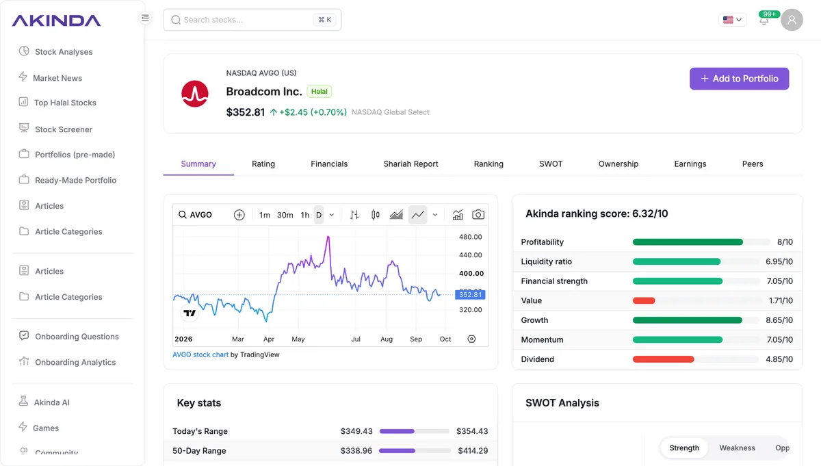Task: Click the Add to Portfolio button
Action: pyautogui.click(x=739, y=79)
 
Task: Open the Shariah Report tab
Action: pyautogui.click(x=410, y=164)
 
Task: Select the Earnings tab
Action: pyautogui.click(x=690, y=164)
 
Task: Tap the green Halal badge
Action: pyautogui.click(x=320, y=91)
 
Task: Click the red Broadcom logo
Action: pyautogui.click(x=195, y=94)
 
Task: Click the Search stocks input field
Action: pyautogui.click(x=252, y=20)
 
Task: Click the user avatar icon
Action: pyautogui.click(x=792, y=20)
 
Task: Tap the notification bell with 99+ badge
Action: pyautogui.click(x=764, y=20)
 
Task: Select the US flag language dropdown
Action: pyautogui.click(x=732, y=20)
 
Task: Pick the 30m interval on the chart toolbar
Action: pyautogui.click(x=285, y=215)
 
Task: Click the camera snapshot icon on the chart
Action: pyautogui.click(x=478, y=214)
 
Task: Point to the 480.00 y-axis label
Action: pyautogui.click(x=470, y=237)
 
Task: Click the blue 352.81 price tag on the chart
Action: pyautogui.click(x=470, y=294)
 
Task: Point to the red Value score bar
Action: pyautogui.click(x=644, y=300)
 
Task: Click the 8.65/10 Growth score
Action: pyautogui.click(x=779, y=320)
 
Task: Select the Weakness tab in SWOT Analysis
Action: pyautogui.click(x=737, y=448)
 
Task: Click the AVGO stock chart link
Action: pyautogui.click(x=200, y=354)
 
